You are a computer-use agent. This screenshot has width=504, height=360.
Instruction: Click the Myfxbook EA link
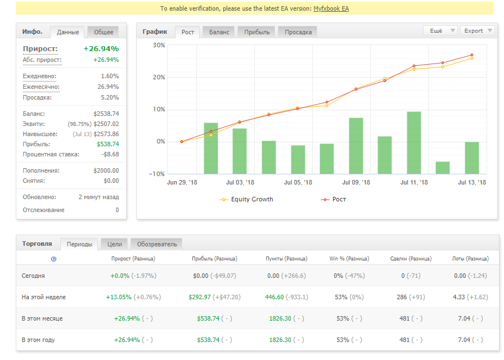point(331,8)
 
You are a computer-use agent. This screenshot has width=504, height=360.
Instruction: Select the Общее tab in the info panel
point(103,32)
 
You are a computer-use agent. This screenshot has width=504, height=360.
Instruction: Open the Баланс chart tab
point(219,32)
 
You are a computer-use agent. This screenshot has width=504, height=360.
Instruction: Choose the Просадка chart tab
point(298,32)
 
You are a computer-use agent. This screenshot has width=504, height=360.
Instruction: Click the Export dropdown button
point(478,31)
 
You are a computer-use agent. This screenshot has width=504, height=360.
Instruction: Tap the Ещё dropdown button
point(440,31)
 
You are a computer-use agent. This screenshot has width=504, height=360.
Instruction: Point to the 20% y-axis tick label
point(159,77)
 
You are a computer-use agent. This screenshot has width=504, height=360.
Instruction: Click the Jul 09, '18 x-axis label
point(356,183)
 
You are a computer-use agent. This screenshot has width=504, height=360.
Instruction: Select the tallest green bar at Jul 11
point(413,143)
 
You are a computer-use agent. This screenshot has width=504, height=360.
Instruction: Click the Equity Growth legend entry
point(246,199)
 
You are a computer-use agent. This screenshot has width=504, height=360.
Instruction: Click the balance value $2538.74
point(106,114)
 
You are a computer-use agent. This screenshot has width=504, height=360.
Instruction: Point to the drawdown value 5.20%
point(110,97)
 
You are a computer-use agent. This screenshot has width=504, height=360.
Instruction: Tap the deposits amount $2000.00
point(106,170)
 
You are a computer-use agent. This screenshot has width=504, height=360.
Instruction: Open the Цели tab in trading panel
point(114,244)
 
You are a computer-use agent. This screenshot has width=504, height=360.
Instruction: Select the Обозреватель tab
point(157,244)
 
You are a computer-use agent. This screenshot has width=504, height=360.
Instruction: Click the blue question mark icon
point(53,259)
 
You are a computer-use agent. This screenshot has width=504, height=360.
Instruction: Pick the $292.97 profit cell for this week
point(199,297)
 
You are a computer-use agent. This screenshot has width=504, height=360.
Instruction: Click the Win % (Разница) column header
point(349,259)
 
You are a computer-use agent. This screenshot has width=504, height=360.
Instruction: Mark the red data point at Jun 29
point(182,141)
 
